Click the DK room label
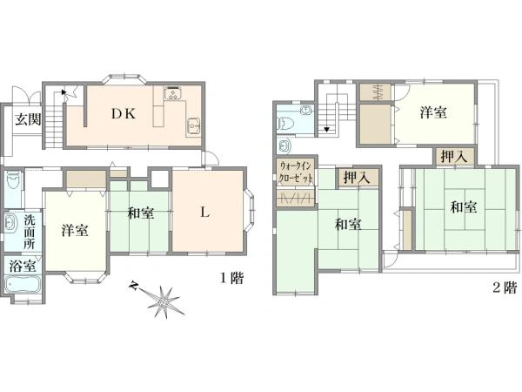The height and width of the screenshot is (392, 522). (124, 114)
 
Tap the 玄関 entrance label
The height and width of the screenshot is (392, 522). (29, 119)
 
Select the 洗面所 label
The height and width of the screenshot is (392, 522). (30, 233)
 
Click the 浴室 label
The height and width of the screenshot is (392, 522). (23, 266)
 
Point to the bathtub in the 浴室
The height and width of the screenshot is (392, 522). (23, 284)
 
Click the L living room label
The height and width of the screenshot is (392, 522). (204, 212)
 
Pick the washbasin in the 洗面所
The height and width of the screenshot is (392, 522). (10, 223)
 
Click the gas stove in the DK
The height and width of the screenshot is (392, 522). (172, 92)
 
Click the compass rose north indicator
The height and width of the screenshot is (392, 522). (134, 286)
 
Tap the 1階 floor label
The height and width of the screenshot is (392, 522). (232, 278)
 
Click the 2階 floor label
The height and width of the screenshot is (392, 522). (505, 287)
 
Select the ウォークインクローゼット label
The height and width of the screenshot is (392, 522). (296, 171)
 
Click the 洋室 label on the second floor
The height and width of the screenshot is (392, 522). (433, 112)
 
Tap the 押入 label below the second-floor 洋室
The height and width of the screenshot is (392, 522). (454, 156)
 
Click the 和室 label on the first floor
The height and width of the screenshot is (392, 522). (141, 213)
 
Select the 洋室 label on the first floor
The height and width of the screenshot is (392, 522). (75, 230)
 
